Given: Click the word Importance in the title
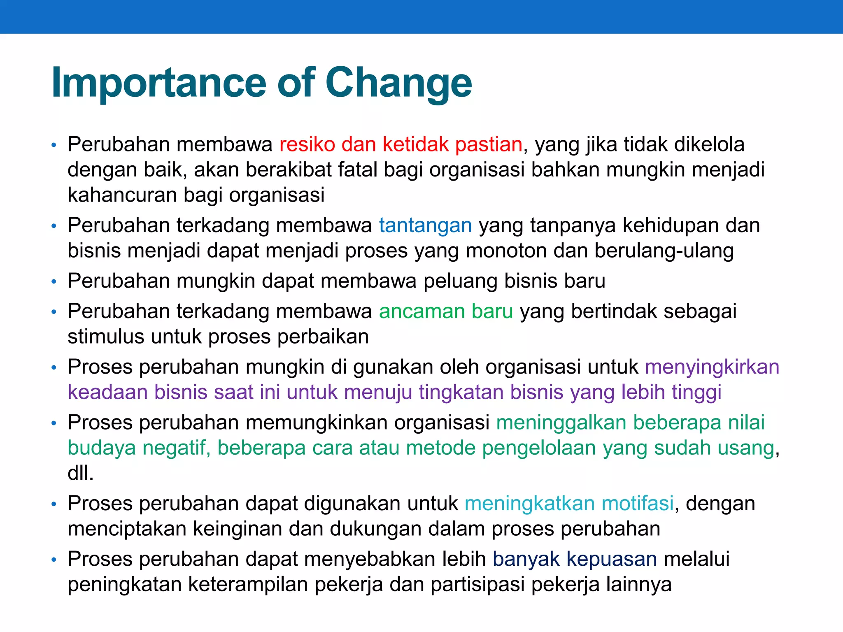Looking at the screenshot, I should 158,83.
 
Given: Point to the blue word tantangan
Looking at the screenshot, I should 425,225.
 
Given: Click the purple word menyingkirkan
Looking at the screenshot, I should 712,367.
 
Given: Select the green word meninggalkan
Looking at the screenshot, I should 561,423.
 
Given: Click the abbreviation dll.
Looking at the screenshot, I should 81,473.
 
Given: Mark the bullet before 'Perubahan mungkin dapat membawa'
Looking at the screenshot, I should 54,282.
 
